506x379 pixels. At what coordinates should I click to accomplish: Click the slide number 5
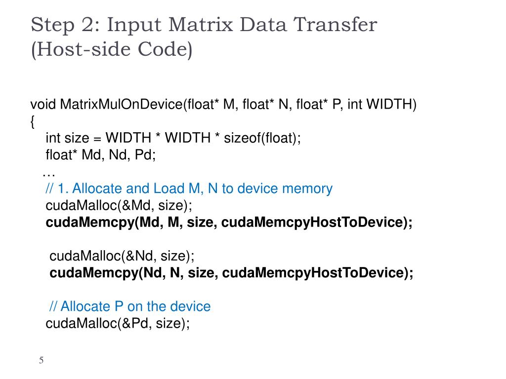[x=42, y=361]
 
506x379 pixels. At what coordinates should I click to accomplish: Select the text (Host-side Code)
[x=111, y=50]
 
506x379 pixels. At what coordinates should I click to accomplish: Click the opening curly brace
[x=33, y=121]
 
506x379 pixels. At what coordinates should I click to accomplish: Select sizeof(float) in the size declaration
[x=262, y=138]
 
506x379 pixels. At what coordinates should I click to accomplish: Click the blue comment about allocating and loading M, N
[x=189, y=189]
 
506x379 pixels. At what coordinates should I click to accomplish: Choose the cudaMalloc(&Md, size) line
[x=119, y=205]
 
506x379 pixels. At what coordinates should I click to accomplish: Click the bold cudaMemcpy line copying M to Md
[x=229, y=223]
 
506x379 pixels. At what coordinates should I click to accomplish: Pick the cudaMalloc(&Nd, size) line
[x=122, y=256]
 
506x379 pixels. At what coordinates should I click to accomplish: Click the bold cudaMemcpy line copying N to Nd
[x=231, y=273]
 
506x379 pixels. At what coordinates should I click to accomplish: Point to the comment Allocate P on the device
[x=130, y=306]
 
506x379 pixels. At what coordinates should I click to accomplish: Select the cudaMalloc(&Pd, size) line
[x=118, y=323]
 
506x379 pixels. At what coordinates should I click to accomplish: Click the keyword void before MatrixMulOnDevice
[x=43, y=105]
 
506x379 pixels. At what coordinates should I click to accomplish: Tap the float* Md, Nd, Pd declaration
[x=101, y=155]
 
